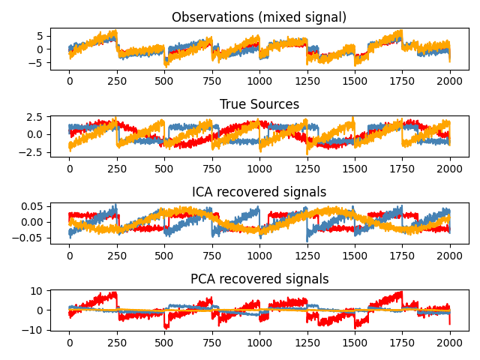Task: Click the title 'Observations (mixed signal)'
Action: point(259,17)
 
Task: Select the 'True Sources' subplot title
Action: point(259,104)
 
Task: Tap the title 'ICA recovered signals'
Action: point(259,192)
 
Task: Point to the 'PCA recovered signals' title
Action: point(259,279)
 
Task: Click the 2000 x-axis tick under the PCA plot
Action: point(450,343)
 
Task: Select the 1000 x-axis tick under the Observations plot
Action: point(259,81)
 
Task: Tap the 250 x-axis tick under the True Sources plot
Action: point(117,168)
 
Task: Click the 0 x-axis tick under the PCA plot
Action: point(70,343)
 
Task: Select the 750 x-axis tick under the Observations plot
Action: point(212,81)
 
